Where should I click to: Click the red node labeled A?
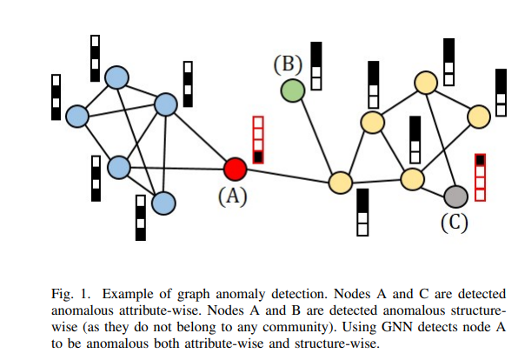(x=236, y=169)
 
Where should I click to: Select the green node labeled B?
(x=293, y=90)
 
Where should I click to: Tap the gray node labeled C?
(x=456, y=197)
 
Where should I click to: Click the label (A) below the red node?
(x=233, y=197)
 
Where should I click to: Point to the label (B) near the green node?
(x=288, y=63)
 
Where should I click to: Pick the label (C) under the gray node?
(x=455, y=222)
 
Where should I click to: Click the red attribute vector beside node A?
(x=258, y=140)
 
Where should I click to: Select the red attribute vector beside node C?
(x=481, y=177)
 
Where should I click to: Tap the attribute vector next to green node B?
(x=316, y=66)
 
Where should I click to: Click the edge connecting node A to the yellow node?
(x=288, y=176)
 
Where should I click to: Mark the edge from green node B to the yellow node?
(x=317, y=137)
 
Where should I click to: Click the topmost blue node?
(x=116, y=77)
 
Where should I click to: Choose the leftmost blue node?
(x=77, y=117)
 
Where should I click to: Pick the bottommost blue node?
(x=164, y=203)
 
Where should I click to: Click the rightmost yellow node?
(x=479, y=117)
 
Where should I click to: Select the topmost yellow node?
(x=426, y=83)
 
